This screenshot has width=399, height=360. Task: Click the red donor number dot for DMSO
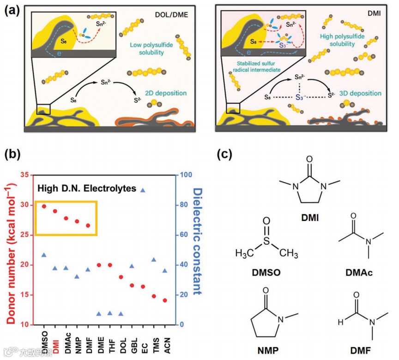44,206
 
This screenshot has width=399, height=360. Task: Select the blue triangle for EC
143,190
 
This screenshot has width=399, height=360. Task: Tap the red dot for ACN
165,300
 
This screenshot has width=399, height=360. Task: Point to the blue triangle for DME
99,314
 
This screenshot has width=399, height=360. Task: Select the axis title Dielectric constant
198,241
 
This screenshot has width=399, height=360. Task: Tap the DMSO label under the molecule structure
266,272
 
